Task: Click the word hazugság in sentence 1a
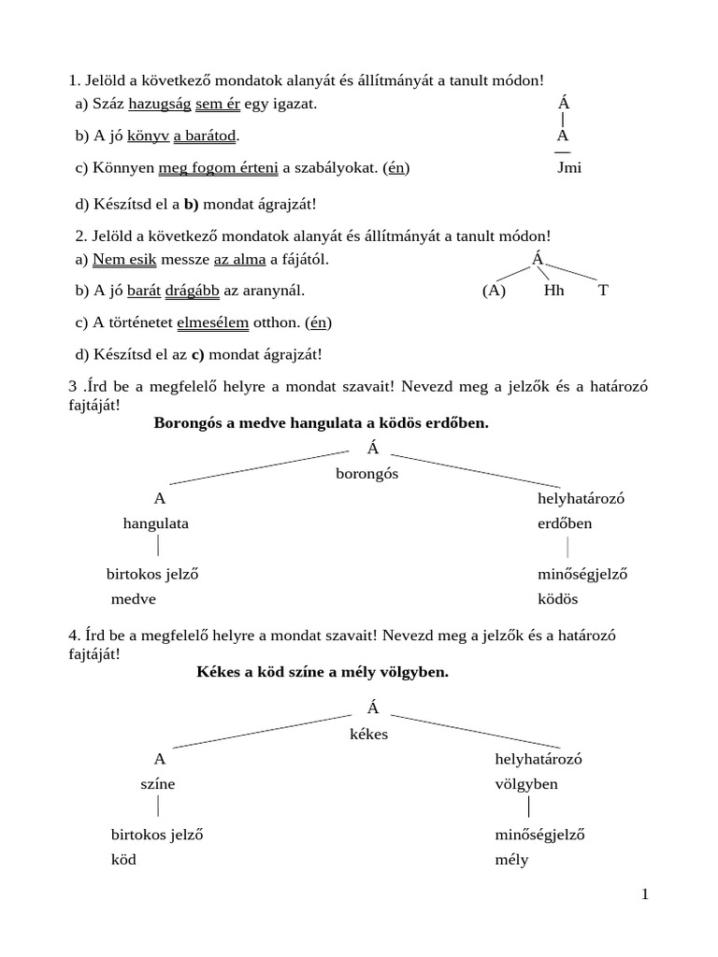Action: pos(159,104)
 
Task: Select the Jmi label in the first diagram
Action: pos(568,168)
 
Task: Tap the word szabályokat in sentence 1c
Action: pos(337,168)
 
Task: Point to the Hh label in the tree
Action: pos(554,291)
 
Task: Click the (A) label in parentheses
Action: pos(494,291)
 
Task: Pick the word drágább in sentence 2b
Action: pos(193,291)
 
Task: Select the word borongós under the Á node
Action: pos(367,474)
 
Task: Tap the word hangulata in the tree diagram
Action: pos(156,523)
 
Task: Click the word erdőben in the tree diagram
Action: pos(565,523)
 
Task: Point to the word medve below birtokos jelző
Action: pos(134,599)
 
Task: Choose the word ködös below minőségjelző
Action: pos(557,599)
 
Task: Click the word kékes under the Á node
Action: pos(368,735)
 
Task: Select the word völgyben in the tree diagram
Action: pos(526,784)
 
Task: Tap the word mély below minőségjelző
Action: pos(511,860)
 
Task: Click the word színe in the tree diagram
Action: pos(158,784)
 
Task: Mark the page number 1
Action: pos(645,894)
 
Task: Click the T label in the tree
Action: pos(603,291)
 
